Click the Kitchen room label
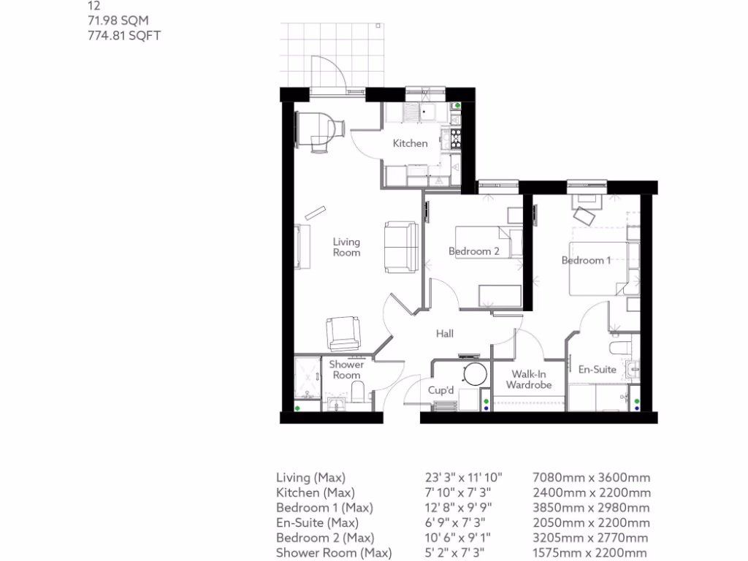pos(410,143)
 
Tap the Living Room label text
pos(346,247)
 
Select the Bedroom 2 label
pos(473,251)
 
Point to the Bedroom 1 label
pos(586,260)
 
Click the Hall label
pos(445,334)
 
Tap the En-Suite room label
pos(597,370)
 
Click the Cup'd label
pos(440,391)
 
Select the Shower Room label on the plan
pos(346,370)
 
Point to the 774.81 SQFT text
pos(123,34)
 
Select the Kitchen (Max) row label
pos(313,493)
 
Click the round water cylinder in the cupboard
pos(474,374)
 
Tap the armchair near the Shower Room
pos(342,332)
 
